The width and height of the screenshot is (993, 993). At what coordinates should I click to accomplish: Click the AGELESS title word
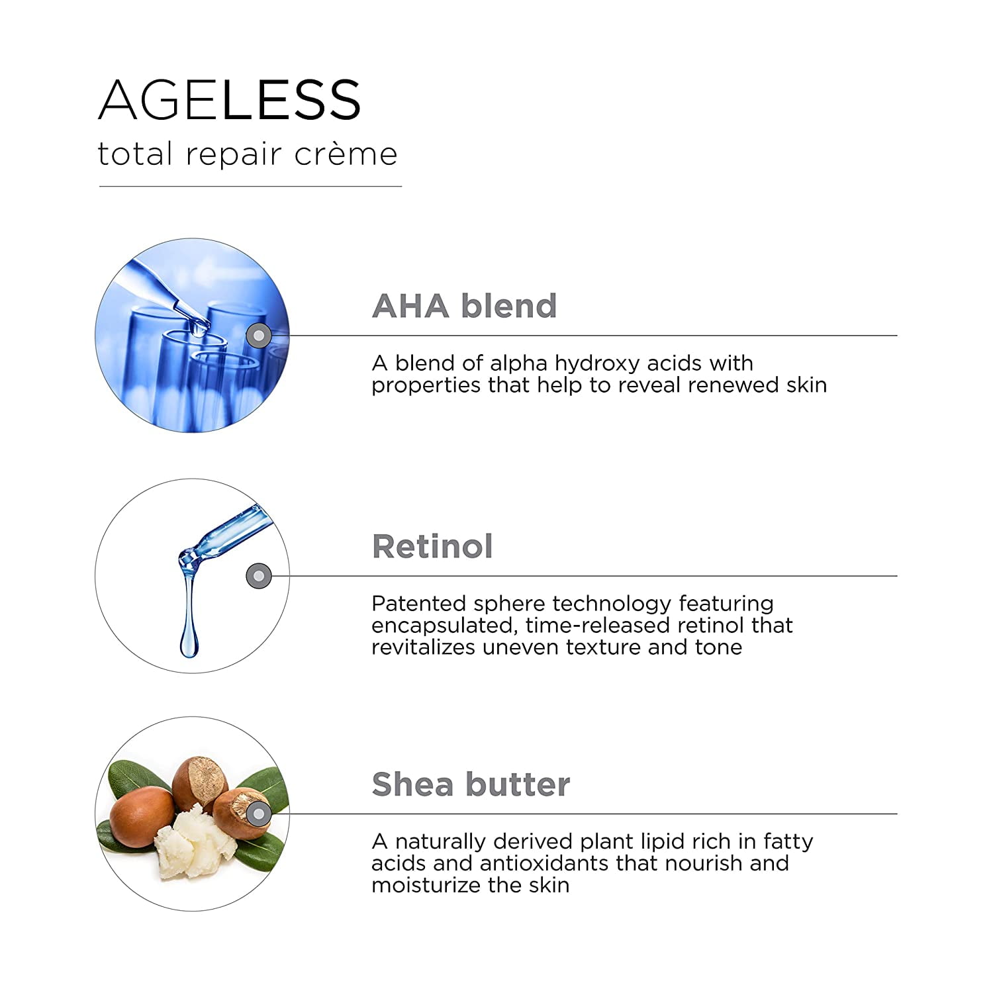click(230, 100)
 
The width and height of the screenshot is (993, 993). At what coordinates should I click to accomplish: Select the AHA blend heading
click(464, 306)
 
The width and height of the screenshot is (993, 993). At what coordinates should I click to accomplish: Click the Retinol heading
click(432, 546)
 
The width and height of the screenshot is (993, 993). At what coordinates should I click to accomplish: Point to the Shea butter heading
click(471, 784)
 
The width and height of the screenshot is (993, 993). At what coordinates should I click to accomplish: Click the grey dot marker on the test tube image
click(259, 336)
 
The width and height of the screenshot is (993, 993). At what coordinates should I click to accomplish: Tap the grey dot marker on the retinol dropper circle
click(259, 576)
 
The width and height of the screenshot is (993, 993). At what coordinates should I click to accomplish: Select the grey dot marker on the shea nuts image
click(259, 814)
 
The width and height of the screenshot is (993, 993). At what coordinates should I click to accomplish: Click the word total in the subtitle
click(135, 154)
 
